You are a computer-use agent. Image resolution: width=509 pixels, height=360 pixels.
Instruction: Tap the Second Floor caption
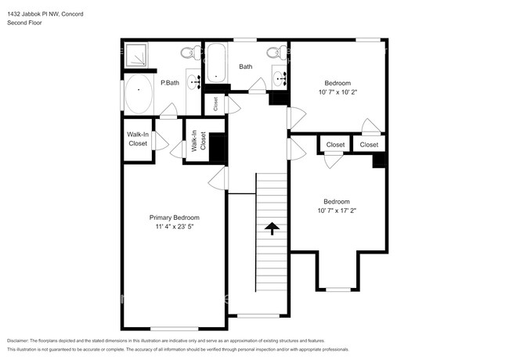pyautogui.click(x=24, y=23)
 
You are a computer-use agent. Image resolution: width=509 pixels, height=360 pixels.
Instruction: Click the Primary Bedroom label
pyautogui.click(x=174, y=218)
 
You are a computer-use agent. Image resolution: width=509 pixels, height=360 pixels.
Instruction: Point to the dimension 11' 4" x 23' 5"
pyautogui.click(x=174, y=227)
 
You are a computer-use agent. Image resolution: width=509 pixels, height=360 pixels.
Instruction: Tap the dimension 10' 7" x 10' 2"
pyautogui.click(x=338, y=92)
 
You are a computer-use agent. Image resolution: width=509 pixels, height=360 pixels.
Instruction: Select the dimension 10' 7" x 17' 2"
pyautogui.click(x=337, y=211)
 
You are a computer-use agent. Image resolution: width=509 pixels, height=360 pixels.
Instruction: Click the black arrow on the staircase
pyautogui.click(x=272, y=228)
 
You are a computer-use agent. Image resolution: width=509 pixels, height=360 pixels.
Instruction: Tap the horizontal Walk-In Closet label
pyautogui.click(x=138, y=139)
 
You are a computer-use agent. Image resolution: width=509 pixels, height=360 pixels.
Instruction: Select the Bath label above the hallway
pyautogui.click(x=246, y=67)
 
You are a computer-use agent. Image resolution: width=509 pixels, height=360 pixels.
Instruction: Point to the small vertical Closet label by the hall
pyautogui.click(x=216, y=103)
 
